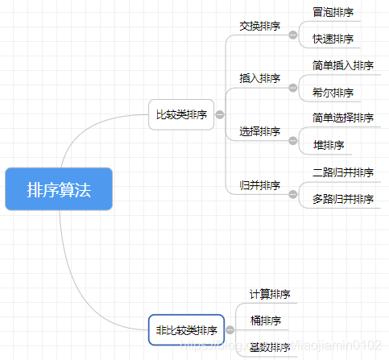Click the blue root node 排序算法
click(58, 190)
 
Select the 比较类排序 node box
click(181, 114)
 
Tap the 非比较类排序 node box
click(186, 330)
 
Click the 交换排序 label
click(260, 26)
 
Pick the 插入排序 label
click(260, 78)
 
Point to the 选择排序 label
click(260, 131)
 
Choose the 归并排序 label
click(260, 185)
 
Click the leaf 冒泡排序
click(333, 12)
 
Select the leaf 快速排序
click(333, 39)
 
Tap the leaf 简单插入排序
click(343, 65)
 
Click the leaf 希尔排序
click(333, 92)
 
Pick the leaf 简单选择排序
click(343, 118)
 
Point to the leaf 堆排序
click(329, 145)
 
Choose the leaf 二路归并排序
click(343, 172)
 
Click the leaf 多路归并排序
click(343, 198)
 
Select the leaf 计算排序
click(270, 294)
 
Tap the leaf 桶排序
click(265, 321)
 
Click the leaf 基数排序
click(270, 348)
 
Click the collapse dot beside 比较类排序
click(220, 115)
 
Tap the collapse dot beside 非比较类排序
click(230, 330)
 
